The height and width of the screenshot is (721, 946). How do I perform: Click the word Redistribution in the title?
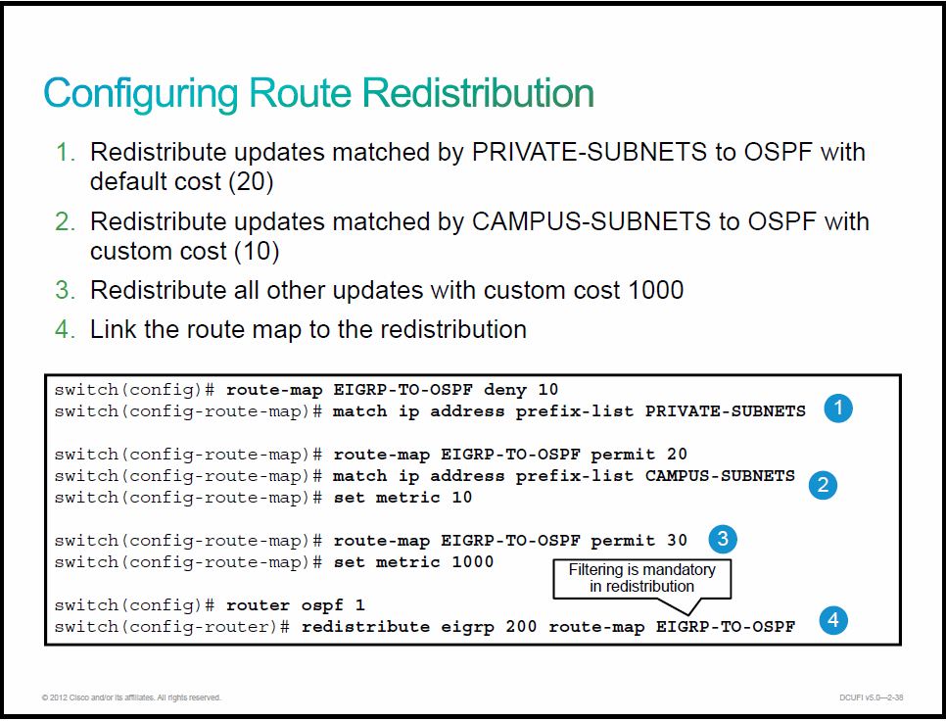tap(479, 93)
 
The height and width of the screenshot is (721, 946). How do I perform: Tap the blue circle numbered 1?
tap(838, 409)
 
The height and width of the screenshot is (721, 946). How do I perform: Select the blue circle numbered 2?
tap(823, 485)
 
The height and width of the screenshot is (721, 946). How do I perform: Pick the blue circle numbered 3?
tap(722, 539)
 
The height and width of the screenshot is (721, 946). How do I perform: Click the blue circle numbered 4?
tap(833, 620)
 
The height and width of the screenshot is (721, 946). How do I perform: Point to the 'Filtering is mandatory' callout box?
tap(642, 579)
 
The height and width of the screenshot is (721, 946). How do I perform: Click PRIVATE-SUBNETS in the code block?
tap(726, 411)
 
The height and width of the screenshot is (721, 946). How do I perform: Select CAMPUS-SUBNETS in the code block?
tap(720, 476)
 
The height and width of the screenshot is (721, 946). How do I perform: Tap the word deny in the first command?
tap(505, 390)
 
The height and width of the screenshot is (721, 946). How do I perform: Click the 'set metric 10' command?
tap(402, 498)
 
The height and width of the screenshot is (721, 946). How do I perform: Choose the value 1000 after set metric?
tap(473, 562)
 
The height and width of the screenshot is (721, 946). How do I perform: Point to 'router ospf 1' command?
tap(295, 605)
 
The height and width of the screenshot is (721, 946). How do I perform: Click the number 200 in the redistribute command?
tap(521, 627)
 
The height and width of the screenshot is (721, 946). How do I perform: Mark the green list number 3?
tap(66, 291)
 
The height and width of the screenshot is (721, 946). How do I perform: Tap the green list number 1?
tap(66, 153)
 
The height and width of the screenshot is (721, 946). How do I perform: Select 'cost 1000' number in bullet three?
tap(656, 291)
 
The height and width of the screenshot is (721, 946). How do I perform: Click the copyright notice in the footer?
tap(131, 697)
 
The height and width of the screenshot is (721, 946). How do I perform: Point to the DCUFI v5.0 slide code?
tap(872, 697)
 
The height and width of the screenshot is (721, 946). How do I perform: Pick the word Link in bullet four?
tap(113, 330)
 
